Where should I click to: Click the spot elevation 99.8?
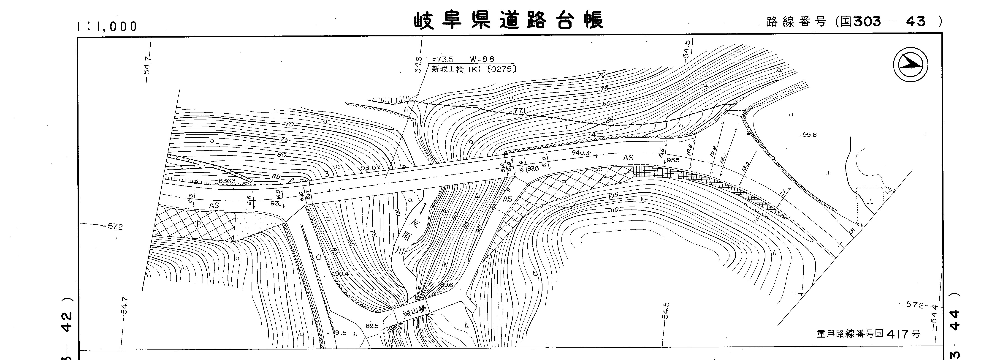click(809, 135)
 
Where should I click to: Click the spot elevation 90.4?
click(342, 274)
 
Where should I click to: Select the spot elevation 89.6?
click(446, 285)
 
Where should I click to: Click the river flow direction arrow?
click(423, 208)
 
